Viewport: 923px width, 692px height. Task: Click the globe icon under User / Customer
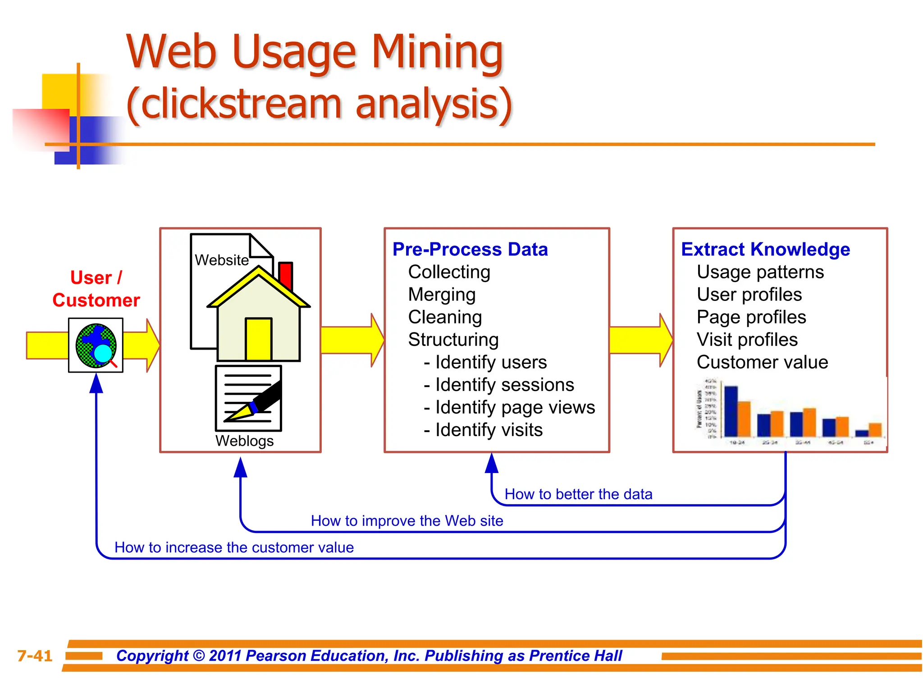coord(96,346)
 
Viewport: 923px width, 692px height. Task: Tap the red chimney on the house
coord(285,275)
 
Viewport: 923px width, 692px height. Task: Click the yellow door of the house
coord(258,339)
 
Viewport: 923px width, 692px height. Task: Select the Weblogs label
coord(244,441)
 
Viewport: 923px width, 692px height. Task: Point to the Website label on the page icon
coord(221,260)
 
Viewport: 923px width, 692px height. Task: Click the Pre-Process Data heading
coord(470,249)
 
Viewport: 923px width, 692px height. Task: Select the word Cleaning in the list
coord(445,317)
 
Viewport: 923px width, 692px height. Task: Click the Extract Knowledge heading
coord(765,249)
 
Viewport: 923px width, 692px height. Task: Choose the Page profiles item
coord(751,317)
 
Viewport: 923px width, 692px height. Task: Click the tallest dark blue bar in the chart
coord(731,411)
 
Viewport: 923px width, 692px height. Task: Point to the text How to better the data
coord(578,494)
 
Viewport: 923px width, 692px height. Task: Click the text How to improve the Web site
coord(407,521)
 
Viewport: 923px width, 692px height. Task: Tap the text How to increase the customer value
coord(234,547)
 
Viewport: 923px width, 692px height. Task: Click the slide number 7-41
coord(35,656)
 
